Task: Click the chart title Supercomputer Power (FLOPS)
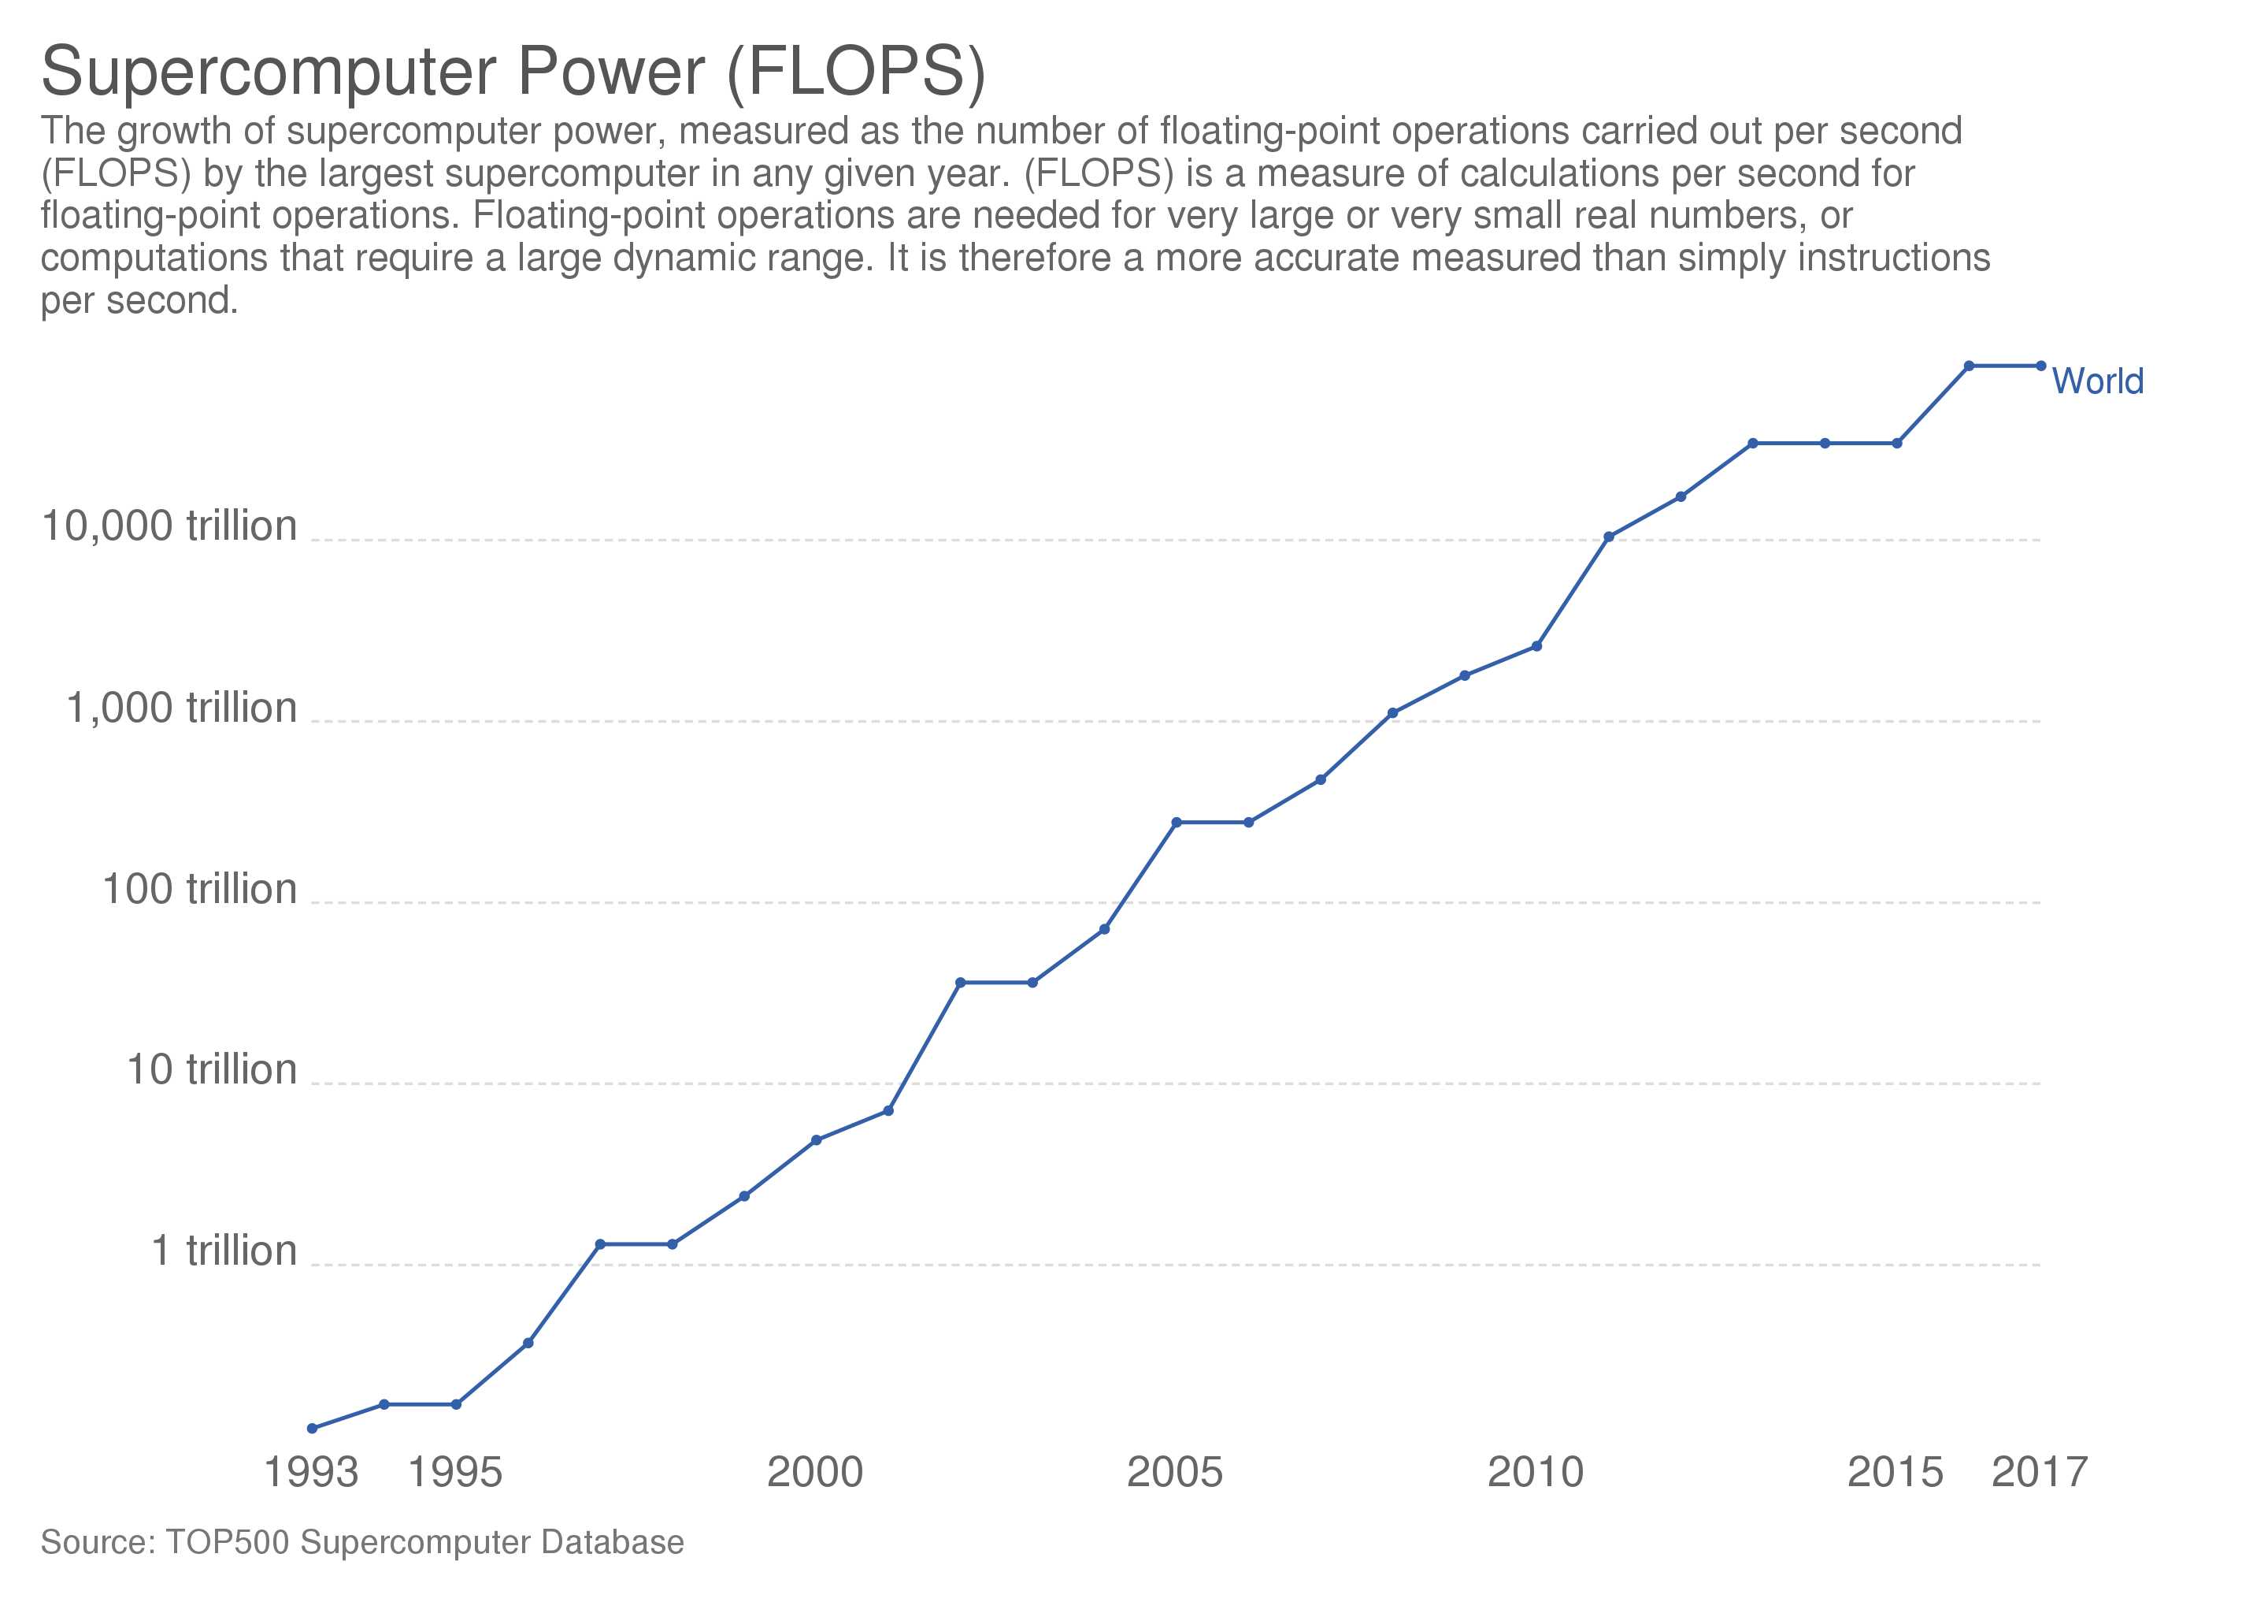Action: coord(513,71)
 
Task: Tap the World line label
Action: coord(2097,381)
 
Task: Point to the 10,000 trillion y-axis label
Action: coord(169,526)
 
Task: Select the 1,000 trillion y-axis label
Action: coord(181,708)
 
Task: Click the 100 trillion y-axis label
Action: coord(199,888)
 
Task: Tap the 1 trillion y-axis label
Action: coord(224,1251)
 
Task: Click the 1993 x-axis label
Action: coord(311,1471)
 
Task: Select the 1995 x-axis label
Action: coord(455,1471)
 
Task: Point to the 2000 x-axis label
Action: coord(815,1471)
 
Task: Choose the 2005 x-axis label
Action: coord(1174,1471)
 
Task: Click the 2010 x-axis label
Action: coord(1535,1471)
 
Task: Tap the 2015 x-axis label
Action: coord(1895,1471)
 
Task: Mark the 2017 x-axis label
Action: coord(2039,1471)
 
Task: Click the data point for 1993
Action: coord(312,1428)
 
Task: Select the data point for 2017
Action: coord(2040,366)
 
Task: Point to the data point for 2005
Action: coord(1177,822)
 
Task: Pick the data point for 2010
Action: coord(1536,646)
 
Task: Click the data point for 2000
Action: coord(816,1140)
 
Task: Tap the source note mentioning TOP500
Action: coord(362,1541)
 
